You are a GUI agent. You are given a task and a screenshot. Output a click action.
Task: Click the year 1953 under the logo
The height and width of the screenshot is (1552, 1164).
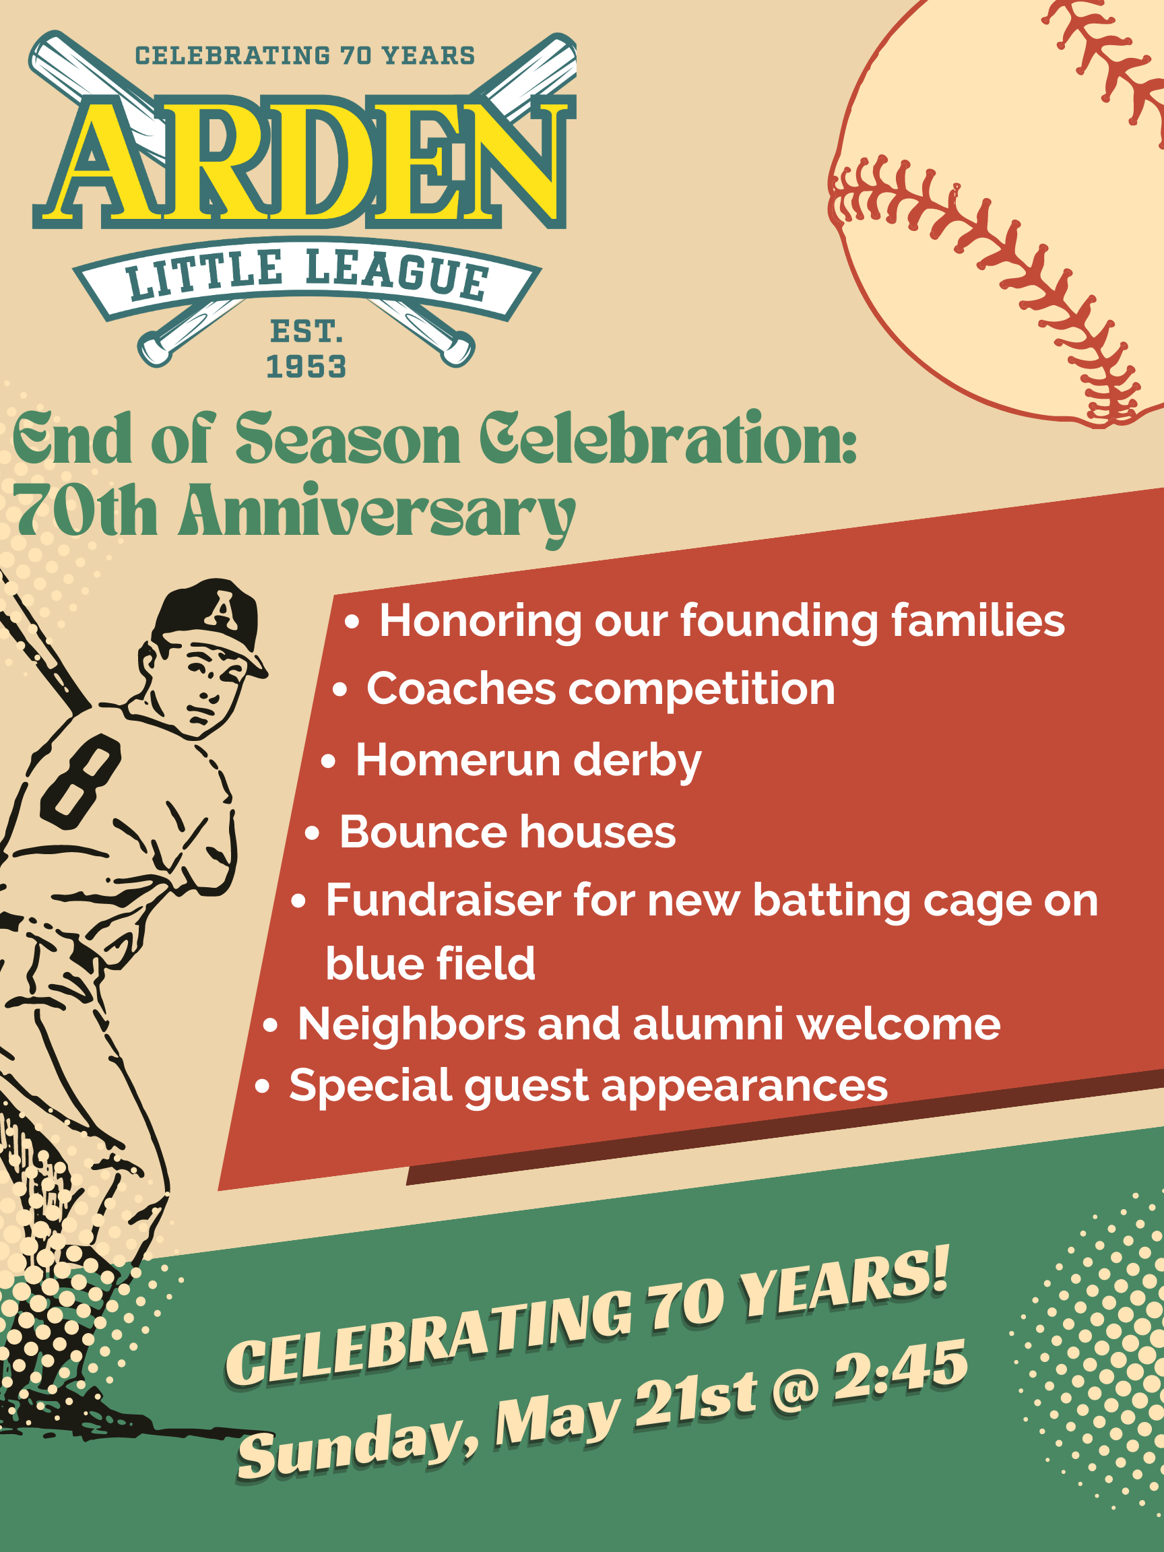pos(306,367)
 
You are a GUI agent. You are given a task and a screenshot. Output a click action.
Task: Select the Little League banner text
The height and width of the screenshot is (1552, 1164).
pos(306,275)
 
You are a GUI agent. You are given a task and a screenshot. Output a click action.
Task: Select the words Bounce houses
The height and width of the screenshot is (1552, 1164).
pos(507,832)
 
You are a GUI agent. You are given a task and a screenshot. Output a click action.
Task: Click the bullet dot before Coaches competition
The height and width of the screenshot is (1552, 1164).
pos(339,690)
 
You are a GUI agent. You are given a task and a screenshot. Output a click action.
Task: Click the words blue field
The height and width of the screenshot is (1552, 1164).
pos(430,963)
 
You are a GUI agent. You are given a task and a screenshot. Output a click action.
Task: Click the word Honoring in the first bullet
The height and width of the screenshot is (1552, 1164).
pos(480,622)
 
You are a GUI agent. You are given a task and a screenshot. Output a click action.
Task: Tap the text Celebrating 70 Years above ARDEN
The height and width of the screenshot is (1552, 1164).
pos(305,56)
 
